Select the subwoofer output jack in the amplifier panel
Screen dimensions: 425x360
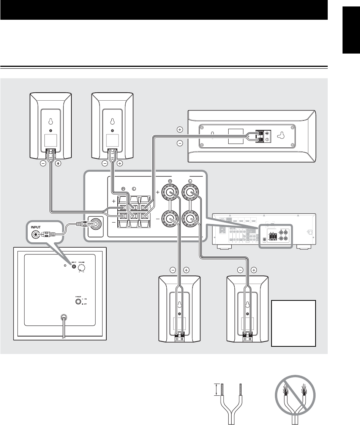95,224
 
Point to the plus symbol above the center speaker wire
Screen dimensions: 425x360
180,130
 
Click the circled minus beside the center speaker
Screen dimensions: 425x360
180,143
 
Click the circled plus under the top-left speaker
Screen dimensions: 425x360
58,164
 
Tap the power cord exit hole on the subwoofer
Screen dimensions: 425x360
65,316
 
